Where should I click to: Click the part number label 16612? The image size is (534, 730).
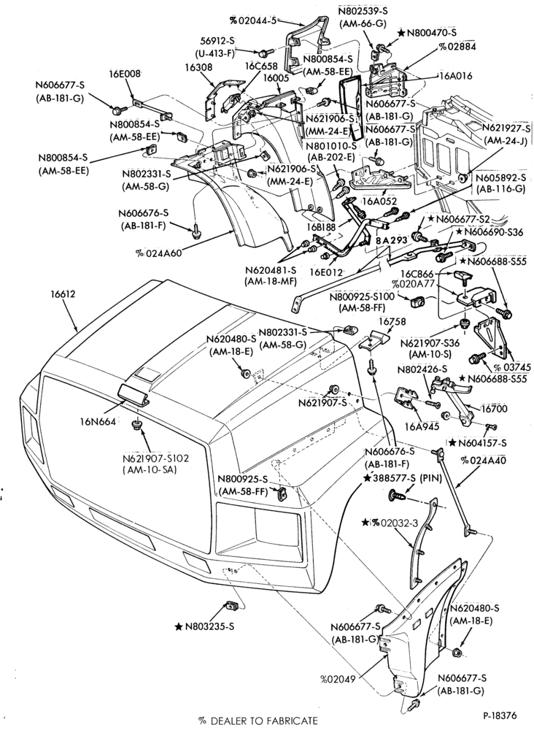click(x=63, y=294)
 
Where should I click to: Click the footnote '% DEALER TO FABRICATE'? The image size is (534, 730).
click(x=258, y=721)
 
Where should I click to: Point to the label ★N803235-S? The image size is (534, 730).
click(x=205, y=626)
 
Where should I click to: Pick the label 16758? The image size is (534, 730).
click(x=379, y=321)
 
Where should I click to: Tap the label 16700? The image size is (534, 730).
click(x=495, y=409)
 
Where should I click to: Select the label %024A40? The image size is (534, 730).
click(x=483, y=461)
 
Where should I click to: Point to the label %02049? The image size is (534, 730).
click(x=338, y=679)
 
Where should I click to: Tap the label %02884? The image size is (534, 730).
click(x=457, y=47)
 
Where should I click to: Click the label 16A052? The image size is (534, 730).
click(x=381, y=201)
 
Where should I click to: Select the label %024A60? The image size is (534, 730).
click(x=159, y=253)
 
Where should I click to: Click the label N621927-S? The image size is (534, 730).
click(x=506, y=128)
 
